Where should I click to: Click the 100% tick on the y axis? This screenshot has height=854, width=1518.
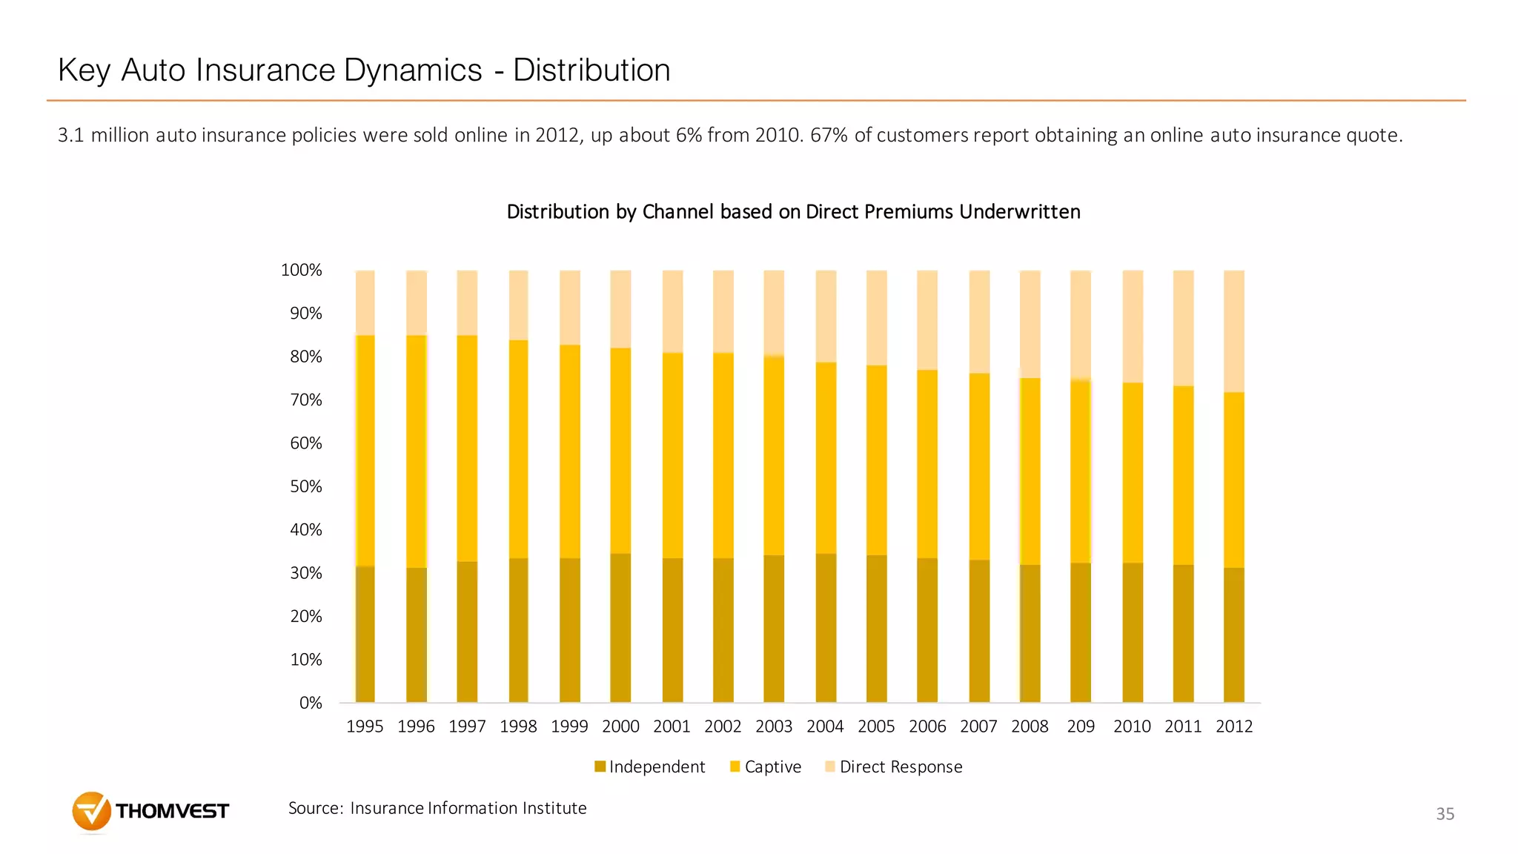301,271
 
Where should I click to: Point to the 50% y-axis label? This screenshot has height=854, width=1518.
305,487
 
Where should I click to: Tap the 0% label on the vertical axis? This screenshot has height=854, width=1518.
310,704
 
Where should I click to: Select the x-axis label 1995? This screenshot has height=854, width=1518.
365,727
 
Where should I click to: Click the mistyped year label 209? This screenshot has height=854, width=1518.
1081,727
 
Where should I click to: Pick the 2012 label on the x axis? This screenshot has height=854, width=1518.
1234,727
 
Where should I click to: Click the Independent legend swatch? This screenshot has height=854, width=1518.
600,767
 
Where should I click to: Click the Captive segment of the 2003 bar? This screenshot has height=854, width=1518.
774,456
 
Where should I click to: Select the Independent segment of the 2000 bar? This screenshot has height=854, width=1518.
620,628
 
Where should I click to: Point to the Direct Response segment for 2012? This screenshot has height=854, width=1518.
1234,331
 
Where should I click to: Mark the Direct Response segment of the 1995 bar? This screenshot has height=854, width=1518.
365,302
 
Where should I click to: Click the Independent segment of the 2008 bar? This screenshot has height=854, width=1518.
1030,634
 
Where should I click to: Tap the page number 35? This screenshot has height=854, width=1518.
1445,814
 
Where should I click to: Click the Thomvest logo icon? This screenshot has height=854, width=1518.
91,811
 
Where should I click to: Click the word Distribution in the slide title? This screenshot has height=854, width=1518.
591,70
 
